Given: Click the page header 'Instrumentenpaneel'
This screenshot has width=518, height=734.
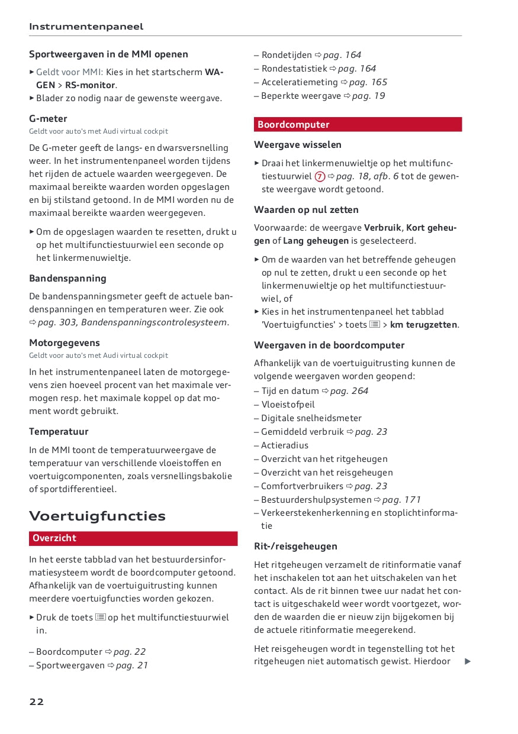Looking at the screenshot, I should point(86,27).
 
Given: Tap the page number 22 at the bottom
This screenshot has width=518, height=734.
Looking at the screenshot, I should point(37,702).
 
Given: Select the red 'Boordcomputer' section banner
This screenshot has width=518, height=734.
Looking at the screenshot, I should point(358,125).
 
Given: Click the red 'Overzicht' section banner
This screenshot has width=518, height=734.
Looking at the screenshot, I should point(133,538).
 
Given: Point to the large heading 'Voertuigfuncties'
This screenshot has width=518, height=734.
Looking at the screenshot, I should point(97,516).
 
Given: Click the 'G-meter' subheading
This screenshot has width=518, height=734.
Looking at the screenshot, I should point(48,118).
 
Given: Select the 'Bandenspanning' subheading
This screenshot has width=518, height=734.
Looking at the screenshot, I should point(67,279).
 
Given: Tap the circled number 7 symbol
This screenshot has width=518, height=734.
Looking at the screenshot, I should point(320,176).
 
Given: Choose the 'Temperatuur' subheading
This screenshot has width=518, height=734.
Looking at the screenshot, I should point(59,432).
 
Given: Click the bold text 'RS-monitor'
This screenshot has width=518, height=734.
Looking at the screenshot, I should point(90,85).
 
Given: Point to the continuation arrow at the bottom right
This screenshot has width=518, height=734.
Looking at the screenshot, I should point(468,661).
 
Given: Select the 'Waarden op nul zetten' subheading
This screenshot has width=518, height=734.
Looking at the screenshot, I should point(306,210).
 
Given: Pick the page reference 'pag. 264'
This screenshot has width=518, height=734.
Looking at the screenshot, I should point(349,391).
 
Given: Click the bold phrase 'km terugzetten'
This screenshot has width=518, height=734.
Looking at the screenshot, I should point(423,325).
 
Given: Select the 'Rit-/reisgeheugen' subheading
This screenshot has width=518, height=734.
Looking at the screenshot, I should point(295,547).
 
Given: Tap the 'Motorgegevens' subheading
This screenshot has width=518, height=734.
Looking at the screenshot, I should point(65,343).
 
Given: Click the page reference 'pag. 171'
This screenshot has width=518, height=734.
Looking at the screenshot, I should point(401,500).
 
